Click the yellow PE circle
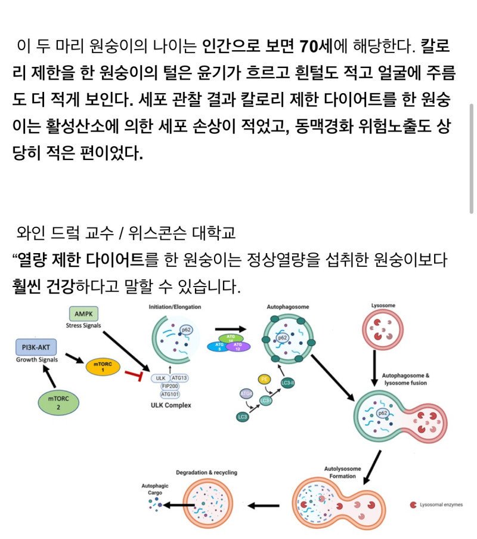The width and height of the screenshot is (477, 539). tap(264, 378)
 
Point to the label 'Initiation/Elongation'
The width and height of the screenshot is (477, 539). tap(175, 307)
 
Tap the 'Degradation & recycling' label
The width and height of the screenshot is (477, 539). tap(206, 472)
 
